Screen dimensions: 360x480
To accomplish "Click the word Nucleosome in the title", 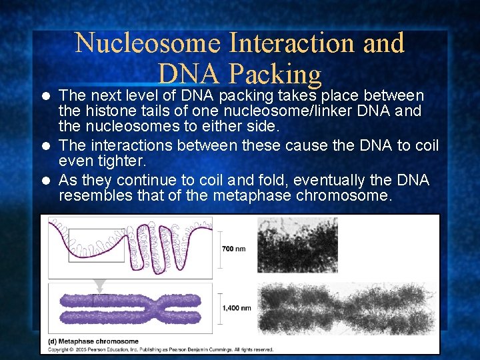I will tap(147, 43).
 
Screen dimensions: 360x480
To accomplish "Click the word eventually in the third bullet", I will tap(314, 180).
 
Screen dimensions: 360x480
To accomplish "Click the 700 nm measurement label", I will tap(233, 249).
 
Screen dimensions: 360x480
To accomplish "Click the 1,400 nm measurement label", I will tap(237, 308).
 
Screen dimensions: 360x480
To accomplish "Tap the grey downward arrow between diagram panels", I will tap(100, 285).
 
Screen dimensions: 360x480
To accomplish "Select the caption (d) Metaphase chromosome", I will tap(93, 341).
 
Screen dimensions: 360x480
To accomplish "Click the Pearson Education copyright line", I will tap(160, 349).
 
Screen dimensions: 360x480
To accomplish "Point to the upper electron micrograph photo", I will tap(297, 245).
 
